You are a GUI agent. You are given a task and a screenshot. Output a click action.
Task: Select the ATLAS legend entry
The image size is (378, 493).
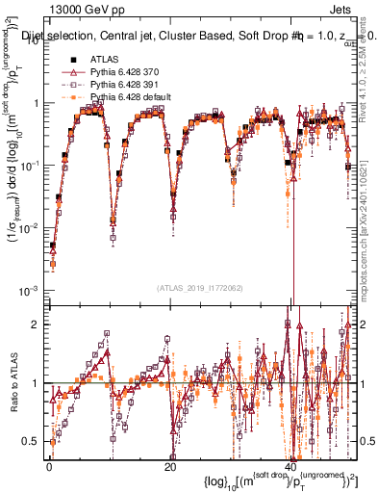[106, 61]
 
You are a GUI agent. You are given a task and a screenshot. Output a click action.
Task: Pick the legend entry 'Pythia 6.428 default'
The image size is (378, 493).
[133, 98]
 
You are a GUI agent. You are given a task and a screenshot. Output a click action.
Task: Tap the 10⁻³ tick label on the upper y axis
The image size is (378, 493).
[29, 291]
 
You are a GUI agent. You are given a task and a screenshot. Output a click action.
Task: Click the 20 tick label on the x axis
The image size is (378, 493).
[170, 467]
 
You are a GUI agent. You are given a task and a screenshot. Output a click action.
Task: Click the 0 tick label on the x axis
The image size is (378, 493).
[48, 467]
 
